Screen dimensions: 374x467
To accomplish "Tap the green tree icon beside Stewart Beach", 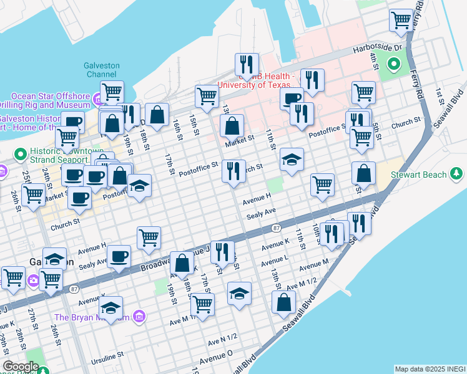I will point(457,173).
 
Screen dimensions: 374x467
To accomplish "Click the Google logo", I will point(21,367).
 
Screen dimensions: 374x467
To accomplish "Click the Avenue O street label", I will point(216,358).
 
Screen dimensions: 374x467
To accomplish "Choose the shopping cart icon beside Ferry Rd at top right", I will point(400,20).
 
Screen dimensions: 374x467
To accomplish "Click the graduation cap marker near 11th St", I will point(292,160).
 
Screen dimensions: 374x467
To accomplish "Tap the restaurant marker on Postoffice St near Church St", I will point(234,170).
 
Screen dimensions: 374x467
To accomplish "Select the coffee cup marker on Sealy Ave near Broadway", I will point(119,256).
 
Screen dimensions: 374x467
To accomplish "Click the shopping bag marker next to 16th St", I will point(158,113).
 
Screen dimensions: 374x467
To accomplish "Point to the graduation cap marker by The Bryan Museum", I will point(111,307).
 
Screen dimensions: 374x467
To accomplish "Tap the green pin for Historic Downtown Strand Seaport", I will point(20,153).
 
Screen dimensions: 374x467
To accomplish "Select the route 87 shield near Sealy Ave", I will point(276,229).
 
